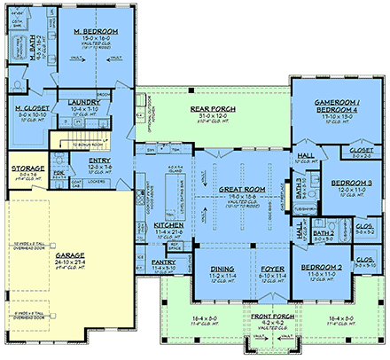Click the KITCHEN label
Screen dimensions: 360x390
(156, 225)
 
